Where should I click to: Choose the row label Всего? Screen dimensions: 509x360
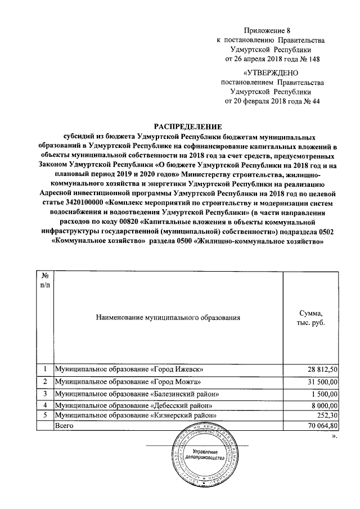64,426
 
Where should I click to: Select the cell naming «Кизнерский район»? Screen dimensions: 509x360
135,415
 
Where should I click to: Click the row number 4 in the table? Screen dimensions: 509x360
44,405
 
